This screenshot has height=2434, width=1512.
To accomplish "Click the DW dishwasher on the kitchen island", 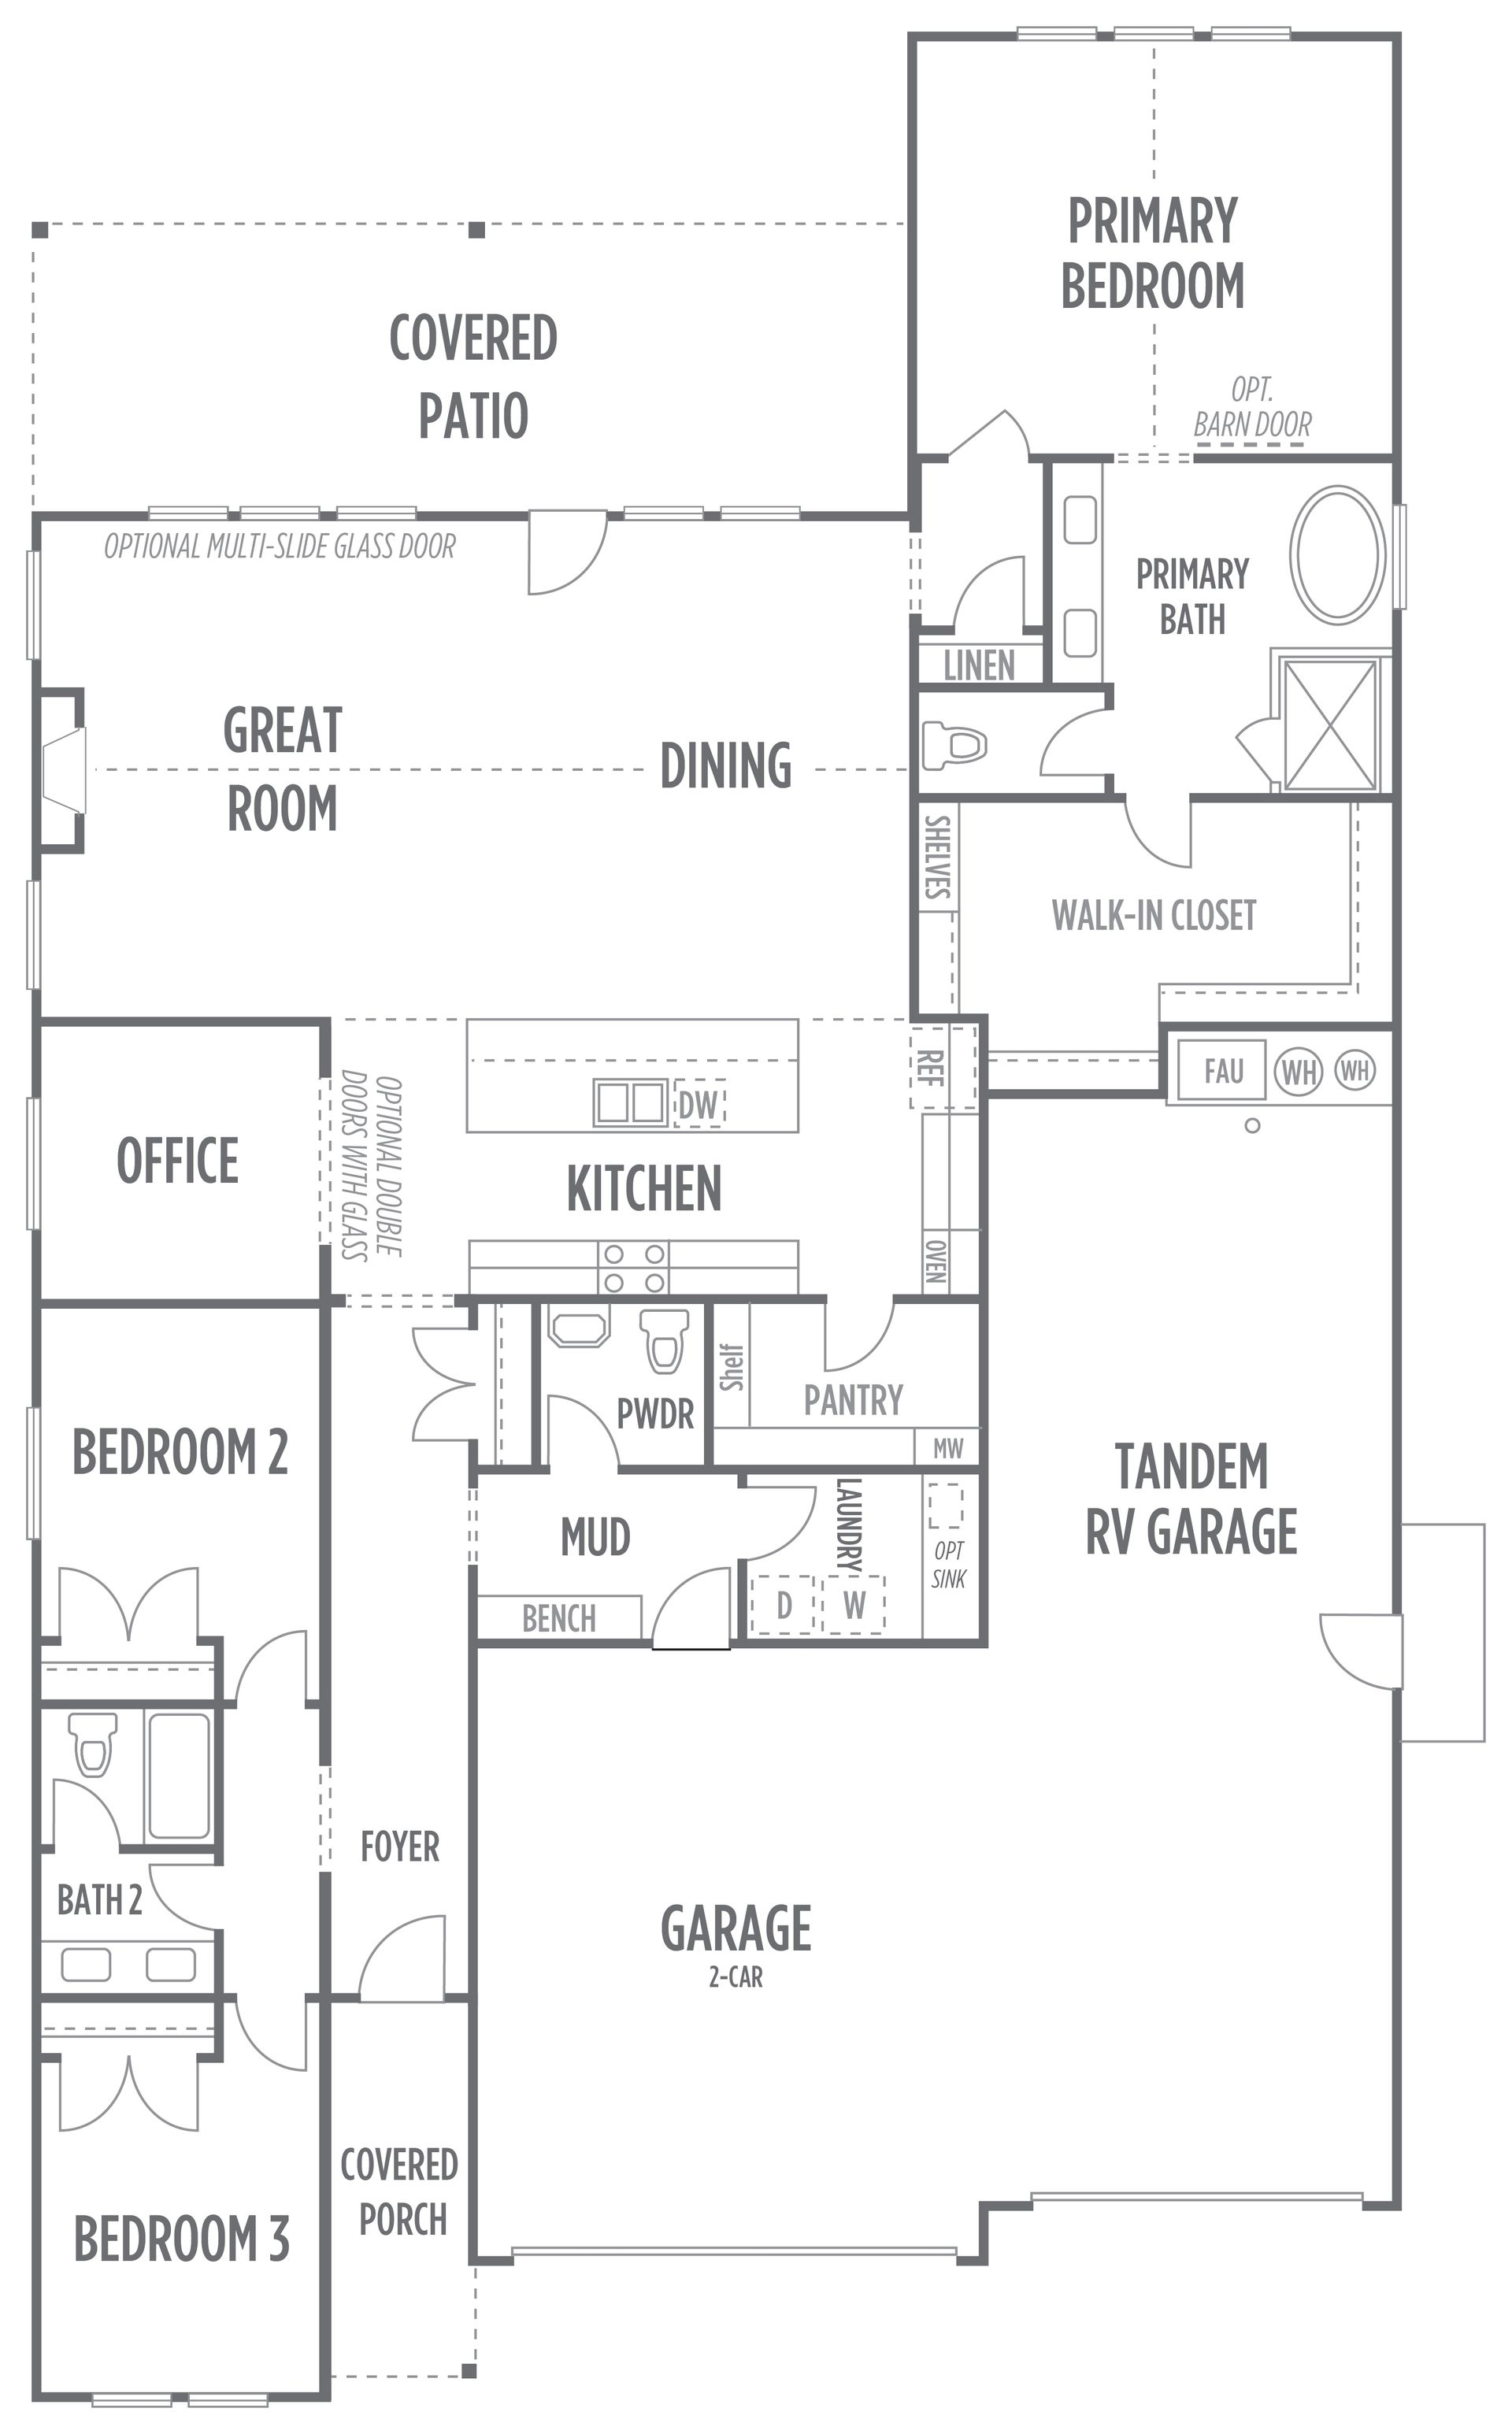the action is point(699,1104).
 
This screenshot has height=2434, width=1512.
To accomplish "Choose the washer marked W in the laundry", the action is point(854,1605).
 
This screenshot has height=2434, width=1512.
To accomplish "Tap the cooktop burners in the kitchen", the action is point(634,1268).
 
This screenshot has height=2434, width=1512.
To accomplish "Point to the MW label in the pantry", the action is point(948,1448).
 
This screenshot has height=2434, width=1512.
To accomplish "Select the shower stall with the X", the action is point(1330,724).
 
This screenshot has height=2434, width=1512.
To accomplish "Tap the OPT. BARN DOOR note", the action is point(1252,407).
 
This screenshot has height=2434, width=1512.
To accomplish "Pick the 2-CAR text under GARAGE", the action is point(736,1977).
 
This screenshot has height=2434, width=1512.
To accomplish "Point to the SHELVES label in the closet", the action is point(937,857).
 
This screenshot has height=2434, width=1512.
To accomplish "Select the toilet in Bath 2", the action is point(94,1745).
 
